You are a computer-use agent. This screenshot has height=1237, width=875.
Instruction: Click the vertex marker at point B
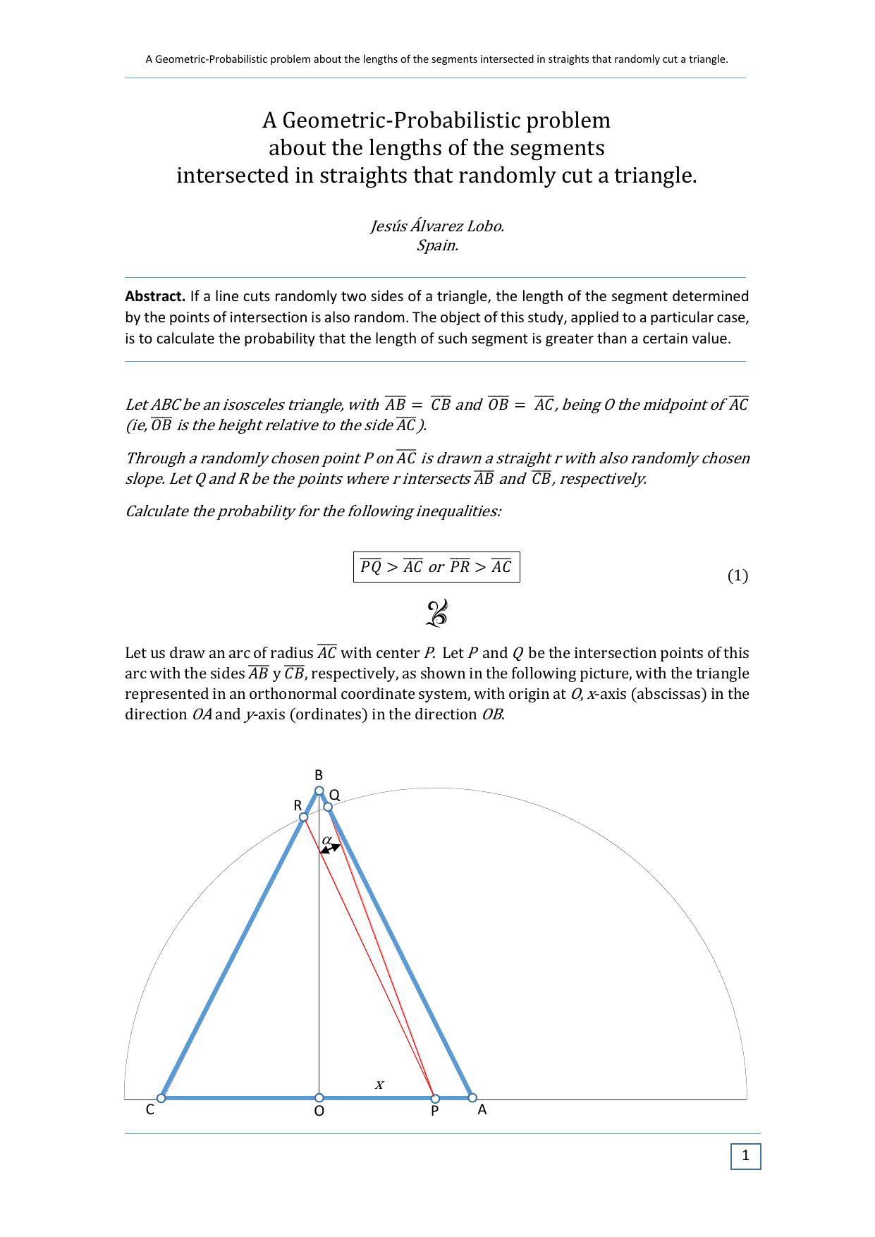319,791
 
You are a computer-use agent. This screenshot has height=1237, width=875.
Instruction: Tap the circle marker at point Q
328,807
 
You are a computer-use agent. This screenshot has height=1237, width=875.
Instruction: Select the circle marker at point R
303,817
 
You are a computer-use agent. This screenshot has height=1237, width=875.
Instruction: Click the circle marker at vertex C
161,1098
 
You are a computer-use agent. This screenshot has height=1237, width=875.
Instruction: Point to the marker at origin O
319,1098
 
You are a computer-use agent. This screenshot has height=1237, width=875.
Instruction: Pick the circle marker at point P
435,1099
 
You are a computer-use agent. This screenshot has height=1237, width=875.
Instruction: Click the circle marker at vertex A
472,1097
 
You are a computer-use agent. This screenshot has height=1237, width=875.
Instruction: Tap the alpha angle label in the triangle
326,840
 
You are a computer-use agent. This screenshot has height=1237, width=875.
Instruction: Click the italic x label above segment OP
379,1085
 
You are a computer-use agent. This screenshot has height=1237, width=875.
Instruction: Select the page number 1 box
745,1156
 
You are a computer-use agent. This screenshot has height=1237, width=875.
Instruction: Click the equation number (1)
738,575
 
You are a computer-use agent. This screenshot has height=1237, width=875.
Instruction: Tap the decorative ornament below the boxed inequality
437,613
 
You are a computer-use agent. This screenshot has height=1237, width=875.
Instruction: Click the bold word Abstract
155,296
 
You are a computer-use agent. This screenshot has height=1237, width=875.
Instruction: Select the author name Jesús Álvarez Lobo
437,226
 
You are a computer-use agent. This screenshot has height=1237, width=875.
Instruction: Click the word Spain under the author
437,245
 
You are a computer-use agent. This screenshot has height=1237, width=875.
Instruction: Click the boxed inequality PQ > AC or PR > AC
436,567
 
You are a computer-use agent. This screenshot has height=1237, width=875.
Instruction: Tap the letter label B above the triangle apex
319,775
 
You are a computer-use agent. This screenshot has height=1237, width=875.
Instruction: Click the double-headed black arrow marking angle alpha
331,848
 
